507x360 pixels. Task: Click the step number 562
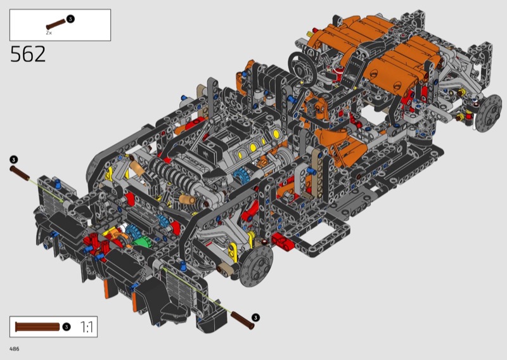tap(28, 54)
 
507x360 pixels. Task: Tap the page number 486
tap(15, 349)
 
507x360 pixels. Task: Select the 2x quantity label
tap(49, 33)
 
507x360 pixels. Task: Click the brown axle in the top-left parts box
tap(56, 24)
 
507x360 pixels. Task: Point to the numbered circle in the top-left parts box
tap(70, 19)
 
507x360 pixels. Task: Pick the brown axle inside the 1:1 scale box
tap(37, 326)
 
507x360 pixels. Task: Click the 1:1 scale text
tap(86, 327)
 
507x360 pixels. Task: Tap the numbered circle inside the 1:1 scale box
tap(67, 326)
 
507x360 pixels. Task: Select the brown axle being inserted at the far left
tap(20, 174)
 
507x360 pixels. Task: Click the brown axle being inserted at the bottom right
tap(243, 320)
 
